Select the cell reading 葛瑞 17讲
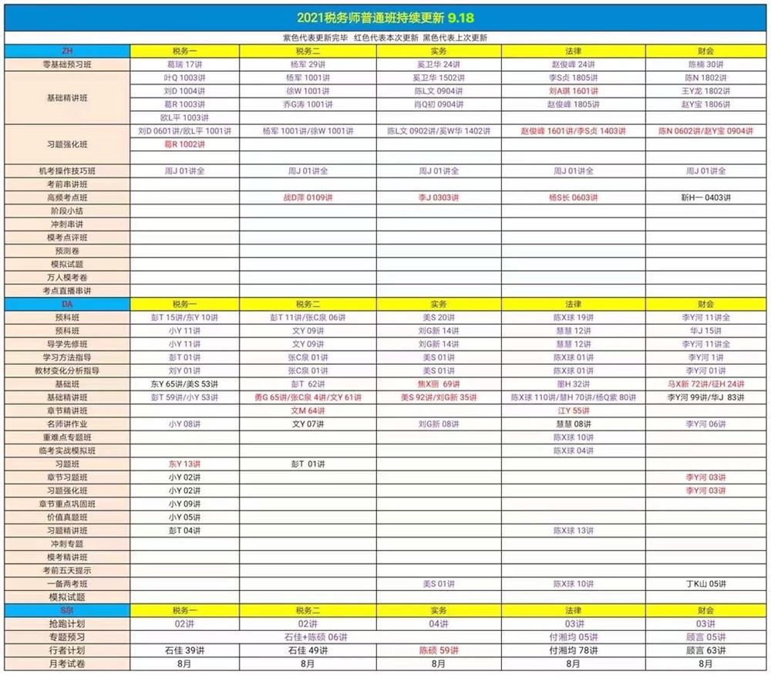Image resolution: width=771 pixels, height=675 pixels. [x=184, y=64]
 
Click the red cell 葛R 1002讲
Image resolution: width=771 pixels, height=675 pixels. [x=184, y=144]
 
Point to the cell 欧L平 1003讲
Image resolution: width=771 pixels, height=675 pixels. [x=184, y=117]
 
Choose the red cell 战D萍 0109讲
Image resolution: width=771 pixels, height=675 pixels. [x=308, y=197]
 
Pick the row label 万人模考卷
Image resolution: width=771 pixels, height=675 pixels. [x=66, y=277]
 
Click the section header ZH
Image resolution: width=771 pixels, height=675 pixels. [x=66, y=51]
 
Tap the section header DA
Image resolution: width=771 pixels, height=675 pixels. [x=66, y=304]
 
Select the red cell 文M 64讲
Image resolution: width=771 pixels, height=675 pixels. [x=308, y=410]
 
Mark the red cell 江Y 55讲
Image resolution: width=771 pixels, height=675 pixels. [x=573, y=410]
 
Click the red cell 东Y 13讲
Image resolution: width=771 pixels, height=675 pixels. [x=184, y=464]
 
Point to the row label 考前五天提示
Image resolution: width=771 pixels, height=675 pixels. [x=66, y=570]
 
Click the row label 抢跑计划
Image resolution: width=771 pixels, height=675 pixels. [x=66, y=623]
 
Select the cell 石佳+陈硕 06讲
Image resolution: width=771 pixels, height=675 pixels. [x=308, y=637]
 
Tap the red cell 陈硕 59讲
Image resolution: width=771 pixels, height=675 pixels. [x=438, y=650]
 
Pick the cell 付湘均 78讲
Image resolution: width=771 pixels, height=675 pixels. [x=573, y=650]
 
